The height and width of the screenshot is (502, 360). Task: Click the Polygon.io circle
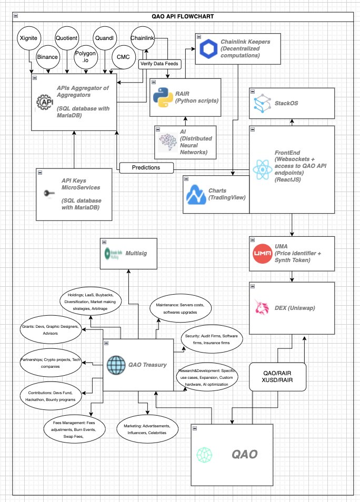[85, 56]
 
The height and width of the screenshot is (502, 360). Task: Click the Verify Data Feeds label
[159, 64]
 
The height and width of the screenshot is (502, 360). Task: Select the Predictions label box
[147, 168]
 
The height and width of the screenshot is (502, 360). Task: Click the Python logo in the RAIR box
[163, 97]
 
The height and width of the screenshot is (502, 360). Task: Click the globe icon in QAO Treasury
[116, 365]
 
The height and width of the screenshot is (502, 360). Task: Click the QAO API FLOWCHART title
[180, 17]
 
